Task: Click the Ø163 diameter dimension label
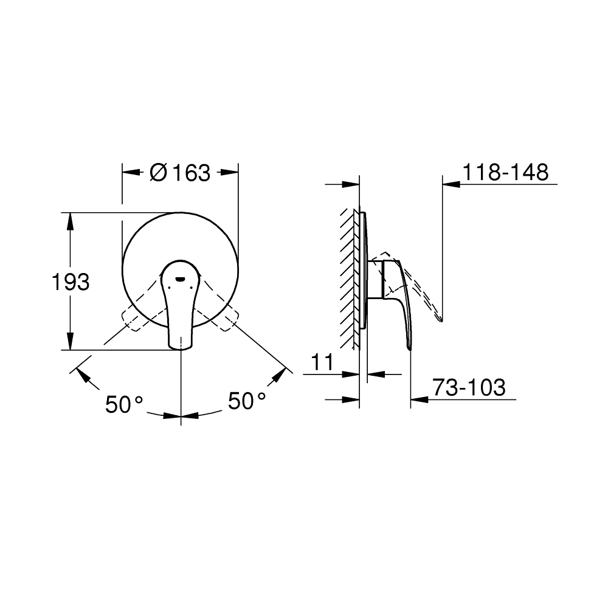(179, 173)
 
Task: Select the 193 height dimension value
(71, 282)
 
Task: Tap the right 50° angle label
(247, 401)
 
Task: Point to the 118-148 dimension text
(505, 173)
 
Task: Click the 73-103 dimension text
(468, 387)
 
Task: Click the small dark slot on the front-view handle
(181, 280)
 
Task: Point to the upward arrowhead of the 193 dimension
(71, 220)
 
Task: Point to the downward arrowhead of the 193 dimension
(71, 342)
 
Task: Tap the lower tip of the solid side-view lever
(409, 348)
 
